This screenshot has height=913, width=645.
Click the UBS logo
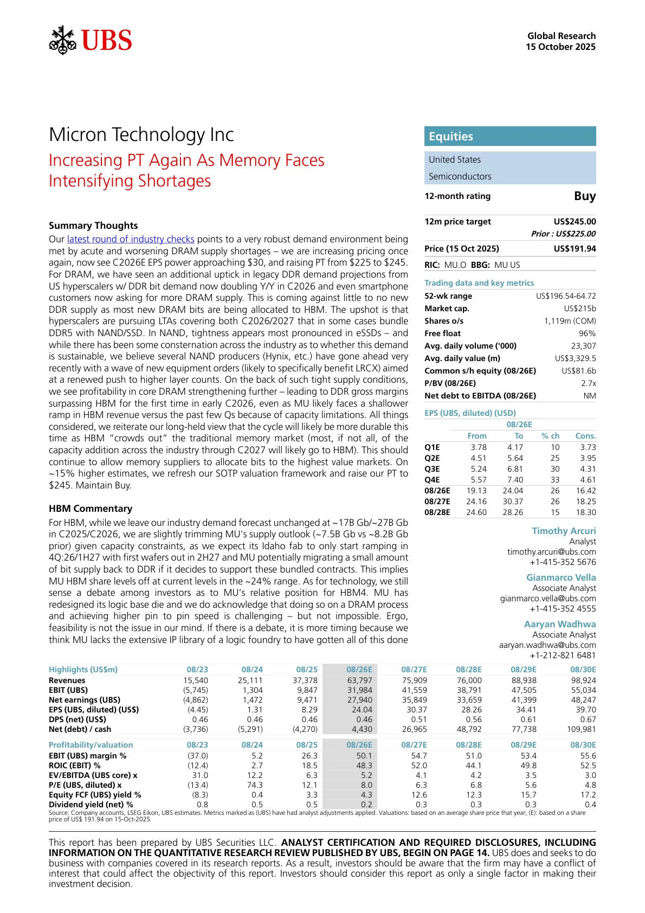pyautogui.click(x=91, y=41)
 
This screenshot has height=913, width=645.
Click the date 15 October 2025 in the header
pyautogui.click(x=560, y=47)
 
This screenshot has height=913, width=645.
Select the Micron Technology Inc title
pyautogui.click(x=141, y=134)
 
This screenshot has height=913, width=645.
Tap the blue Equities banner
pyautogui.click(x=509, y=136)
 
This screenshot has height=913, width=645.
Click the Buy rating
pyautogui.click(x=585, y=196)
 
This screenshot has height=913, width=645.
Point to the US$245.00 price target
pyautogui.click(x=575, y=221)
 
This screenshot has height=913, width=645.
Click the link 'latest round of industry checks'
pyautogui.click(x=131, y=239)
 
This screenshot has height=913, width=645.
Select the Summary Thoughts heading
pyautogui.click(x=93, y=226)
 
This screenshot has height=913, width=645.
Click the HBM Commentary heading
pyautogui.click(x=91, y=509)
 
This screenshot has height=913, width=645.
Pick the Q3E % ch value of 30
pyautogui.click(x=555, y=469)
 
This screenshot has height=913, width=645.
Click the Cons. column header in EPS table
pyautogui.click(x=585, y=436)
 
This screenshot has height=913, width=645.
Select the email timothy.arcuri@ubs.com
pyautogui.click(x=551, y=552)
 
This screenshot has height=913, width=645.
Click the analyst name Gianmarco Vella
pyautogui.click(x=561, y=577)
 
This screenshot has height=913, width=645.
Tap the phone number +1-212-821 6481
pyautogui.click(x=563, y=655)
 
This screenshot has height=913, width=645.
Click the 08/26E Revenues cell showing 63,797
pyautogui.click(x=360, y=680)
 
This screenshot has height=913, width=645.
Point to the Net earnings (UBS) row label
pyautogui.click(x=85, y=700)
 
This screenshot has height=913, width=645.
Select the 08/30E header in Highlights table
pyautogui.click(x=583, y=670)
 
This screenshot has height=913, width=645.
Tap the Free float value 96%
pyautogui.click(x=587, y=333)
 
